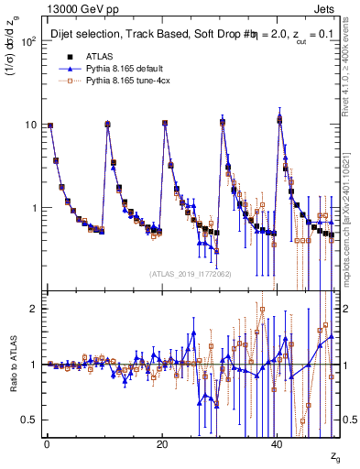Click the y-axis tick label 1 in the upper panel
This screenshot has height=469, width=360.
(x=34, y=208)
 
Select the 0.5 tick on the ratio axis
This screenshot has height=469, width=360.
(x=29, y=420)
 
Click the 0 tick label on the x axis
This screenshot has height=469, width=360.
(x=46, y=443)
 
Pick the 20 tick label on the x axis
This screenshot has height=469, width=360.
(x=161, y=443)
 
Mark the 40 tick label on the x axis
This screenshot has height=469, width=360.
(x=277, y=443)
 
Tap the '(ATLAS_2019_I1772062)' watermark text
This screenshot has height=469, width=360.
(x=191, y=274)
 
